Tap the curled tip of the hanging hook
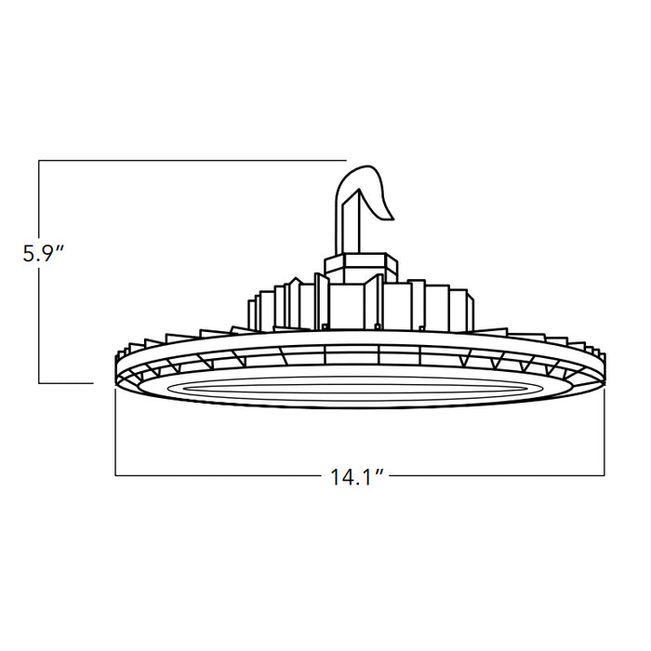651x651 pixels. (384, 209)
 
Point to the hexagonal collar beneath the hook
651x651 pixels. (361, 266)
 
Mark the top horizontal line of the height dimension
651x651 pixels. (186, 161)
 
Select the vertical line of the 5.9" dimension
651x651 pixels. (39, 316)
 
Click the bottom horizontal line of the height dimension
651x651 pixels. (65, 382)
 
